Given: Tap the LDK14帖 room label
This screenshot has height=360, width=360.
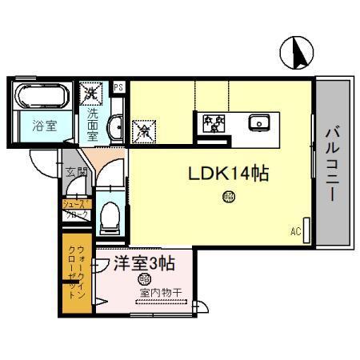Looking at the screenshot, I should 228,173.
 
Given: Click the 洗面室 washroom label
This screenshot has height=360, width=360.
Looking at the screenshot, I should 92,123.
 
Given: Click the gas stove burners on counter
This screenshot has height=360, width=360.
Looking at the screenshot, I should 213,123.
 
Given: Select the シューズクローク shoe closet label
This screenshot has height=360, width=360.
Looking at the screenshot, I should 77,209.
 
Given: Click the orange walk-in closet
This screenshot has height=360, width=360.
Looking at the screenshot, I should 77,272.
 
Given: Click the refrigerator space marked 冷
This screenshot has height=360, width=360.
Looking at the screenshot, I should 144,130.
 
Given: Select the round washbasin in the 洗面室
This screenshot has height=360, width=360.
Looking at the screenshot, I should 114,126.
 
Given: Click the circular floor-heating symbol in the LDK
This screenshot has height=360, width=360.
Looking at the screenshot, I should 229,194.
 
